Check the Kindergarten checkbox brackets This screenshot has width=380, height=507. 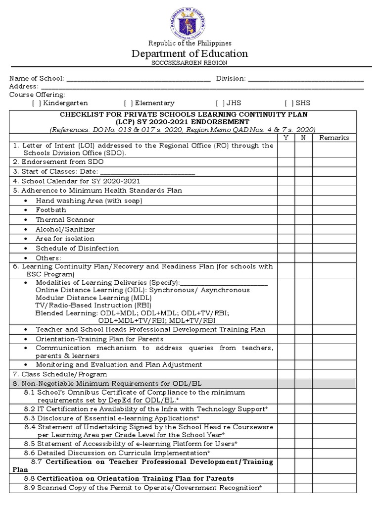coord(37,103)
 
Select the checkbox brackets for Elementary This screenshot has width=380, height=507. coord(128,103)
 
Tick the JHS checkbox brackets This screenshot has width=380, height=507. coord(220,103)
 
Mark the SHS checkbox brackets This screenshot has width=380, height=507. coord(288,103)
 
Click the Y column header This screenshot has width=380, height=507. coord(285,138)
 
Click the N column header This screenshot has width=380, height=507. coord(303,138)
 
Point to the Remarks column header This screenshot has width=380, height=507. coord(334,138)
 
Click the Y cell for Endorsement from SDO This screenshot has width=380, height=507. coord(285,161)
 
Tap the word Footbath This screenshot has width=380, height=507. coord(50,210)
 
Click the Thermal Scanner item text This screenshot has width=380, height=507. coord(65,219)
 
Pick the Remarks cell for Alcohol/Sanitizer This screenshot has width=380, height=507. coord(334,229)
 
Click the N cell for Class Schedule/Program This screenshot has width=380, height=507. coord(303,374)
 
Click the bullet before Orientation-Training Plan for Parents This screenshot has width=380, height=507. coord(26,339)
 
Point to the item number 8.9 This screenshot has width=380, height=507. coord(30,488)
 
